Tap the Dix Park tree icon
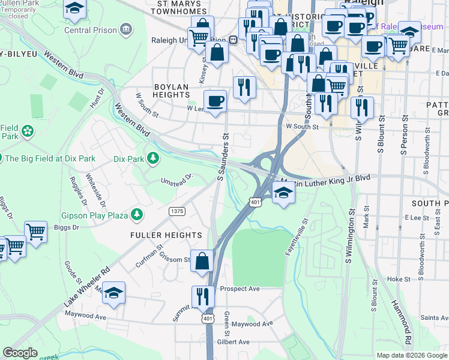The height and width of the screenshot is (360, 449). click(154, 158)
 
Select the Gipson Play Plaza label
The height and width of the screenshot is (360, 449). click(95, 214)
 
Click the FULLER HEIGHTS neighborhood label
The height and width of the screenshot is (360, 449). click(166, 235)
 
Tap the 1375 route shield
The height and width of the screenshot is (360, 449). click(177, 211)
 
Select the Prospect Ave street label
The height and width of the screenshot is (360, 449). click(240, 289)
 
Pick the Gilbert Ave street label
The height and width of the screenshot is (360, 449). click(234, 342)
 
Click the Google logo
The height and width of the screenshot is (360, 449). click(20, 353)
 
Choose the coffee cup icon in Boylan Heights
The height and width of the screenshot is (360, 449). click(215, 100)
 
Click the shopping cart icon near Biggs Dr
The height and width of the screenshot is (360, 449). click(35, 231)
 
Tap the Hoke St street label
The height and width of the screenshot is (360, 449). click(398, 279)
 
